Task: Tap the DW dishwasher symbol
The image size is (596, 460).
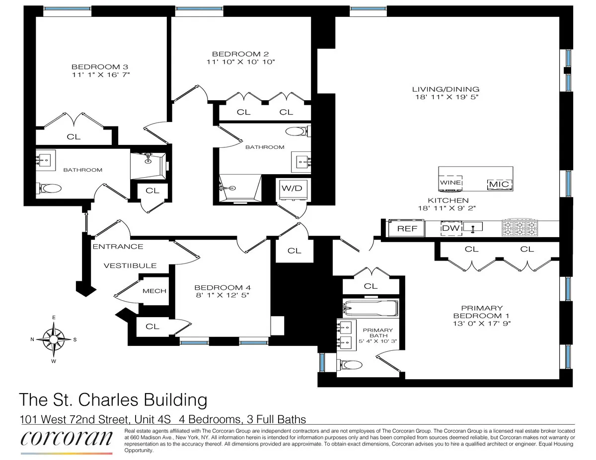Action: [451, 228]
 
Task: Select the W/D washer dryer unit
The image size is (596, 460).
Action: [292, 189]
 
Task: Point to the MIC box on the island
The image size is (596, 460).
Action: [499, 184]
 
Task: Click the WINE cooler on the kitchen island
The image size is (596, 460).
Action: [450, 183]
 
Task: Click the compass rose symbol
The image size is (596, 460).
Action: [53, 339]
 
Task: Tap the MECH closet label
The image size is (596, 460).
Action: [154, 291]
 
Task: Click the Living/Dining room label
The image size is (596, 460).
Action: [446, 89]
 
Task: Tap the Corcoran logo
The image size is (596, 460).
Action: [66, 440]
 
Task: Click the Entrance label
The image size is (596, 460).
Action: [117, 247]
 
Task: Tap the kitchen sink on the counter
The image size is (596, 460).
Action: [473, 228]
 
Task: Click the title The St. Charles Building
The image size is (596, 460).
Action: [112, 399]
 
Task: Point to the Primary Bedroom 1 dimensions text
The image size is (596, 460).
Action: [481, 324]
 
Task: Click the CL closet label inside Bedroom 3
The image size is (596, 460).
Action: [74, 137]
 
